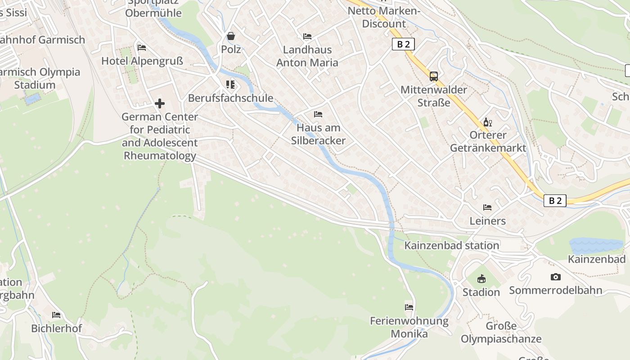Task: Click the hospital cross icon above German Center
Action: [160, 103]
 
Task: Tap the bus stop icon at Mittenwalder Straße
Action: [434, 76]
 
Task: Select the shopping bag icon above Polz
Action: [231, 36]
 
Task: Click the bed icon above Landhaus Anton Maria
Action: [307, 36]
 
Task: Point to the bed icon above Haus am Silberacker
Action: [318, 114]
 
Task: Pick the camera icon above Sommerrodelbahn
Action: [556, 277]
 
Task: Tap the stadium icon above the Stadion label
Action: [481, 279]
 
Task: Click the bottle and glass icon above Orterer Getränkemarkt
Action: [488, 122]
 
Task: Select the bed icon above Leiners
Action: [487, 207]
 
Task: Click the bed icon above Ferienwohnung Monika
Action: [409, 307]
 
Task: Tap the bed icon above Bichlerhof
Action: [56, 315]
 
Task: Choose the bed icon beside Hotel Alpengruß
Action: [142, 47]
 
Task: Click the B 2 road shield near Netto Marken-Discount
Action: [403, 44]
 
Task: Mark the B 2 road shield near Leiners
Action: [555, 201]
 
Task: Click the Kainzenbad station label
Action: [452, 245]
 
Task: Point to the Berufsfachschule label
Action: [231, 98]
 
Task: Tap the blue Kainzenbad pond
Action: [596, 245]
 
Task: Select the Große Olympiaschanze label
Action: [501, 333]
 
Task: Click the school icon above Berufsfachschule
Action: [230, 85]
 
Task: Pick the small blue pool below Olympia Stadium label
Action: [32, 99]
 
